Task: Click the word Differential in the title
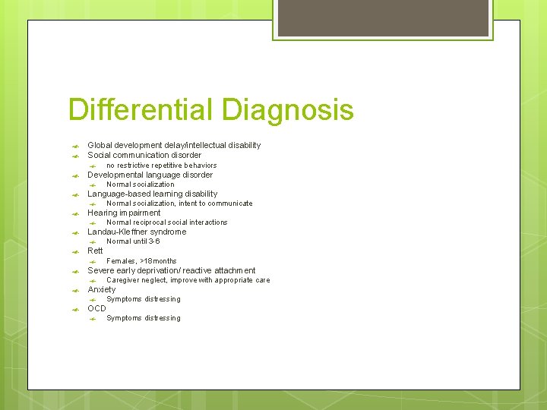tap(141, 110)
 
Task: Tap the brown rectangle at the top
tap(381, 18)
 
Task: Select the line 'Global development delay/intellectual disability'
tap(174, 145)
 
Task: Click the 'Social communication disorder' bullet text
tap(144, 155)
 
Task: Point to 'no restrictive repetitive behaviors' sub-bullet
tap(161, 166)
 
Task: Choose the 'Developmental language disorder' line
tap(150, 175)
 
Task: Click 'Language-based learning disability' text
tap(152, 194)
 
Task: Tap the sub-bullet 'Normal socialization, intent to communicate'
tap(179, 203)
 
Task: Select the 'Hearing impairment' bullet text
tap(124, 213)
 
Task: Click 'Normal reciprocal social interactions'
tap(166, 222)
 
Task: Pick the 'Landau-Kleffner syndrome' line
tap(137, 232)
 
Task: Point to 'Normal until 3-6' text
tap(133, 241)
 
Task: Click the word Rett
tap(95, 251)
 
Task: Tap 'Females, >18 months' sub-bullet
tap(141, 261)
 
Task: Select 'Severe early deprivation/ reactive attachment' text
tap(172, 270)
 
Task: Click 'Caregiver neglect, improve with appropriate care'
tap(188, 280)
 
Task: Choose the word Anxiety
tap(102, 289)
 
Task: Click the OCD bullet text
tap(96, 308)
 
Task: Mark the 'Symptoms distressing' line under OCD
tap(143, 318)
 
